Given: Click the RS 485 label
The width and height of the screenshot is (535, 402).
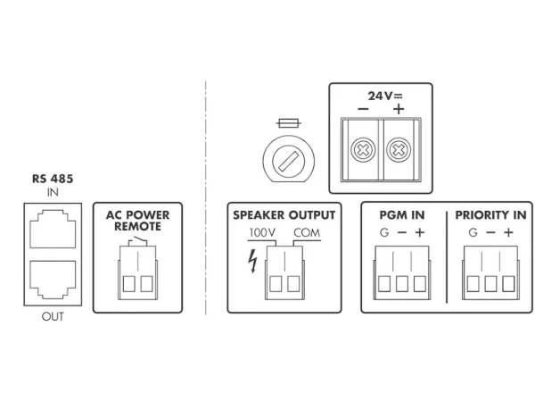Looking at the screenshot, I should [x=53, y=179].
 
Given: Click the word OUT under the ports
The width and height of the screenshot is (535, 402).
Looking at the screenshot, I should [x=53, y=316].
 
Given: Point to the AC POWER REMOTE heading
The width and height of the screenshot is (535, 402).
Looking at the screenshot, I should [x=137, y=221].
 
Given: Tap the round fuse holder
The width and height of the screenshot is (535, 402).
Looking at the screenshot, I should [x=286, y=161].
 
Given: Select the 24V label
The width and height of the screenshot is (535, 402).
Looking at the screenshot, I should [x=381, y=94].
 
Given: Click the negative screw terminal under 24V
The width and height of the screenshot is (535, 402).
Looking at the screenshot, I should [x=363, y=151].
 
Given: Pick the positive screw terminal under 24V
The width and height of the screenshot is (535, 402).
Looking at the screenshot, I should [x=399, y=151].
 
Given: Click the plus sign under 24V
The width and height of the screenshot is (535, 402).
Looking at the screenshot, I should [x=398, y=109].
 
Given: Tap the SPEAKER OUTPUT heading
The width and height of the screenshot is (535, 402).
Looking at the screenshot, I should [x=284, y=215].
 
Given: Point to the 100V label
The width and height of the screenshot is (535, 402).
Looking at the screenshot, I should [x=262, y=234].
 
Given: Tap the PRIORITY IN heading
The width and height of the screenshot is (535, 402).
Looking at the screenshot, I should [x=490, y=215].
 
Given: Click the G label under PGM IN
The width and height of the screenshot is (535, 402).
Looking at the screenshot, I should [x=383, y=234].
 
